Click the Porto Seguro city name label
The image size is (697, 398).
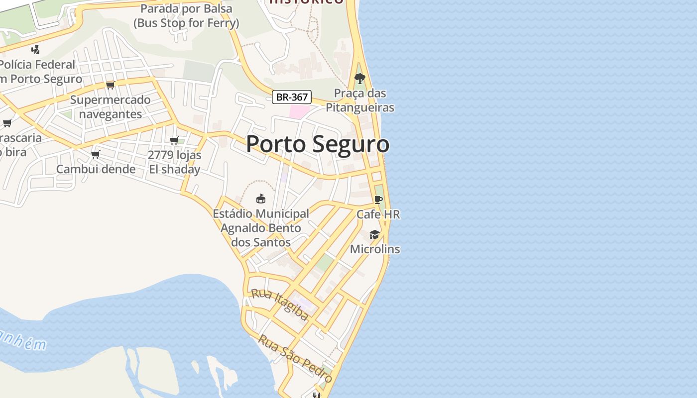click(x=318, y=144)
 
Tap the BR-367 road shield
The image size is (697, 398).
click(x=292, y=97)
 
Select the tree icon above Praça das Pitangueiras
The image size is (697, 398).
click(x=359, y=78)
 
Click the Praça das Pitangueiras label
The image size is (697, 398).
click(x=359, y=100)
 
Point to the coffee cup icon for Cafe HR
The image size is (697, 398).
click(x=378, y=199)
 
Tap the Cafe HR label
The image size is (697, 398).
click(x=378, y=214)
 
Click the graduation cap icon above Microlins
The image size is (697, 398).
click(x=374, y=234)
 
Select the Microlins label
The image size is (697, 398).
click(x=375, y=249)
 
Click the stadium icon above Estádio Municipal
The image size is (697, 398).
click(x=260, y=199)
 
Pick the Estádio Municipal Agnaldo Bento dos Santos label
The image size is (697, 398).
click(x=261, y=228)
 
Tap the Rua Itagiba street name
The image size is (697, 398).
click(x=280, y=304)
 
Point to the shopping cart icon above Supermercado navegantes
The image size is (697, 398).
click(x=111, y=85)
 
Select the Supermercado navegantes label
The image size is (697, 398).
click(x=111, y=107)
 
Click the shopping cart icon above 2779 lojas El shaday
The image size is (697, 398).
click(x=174, y=140)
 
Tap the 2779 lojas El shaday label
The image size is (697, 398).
click(x=175, y=162)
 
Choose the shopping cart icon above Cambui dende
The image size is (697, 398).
click(x=96, y=154)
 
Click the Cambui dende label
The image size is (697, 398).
click(x=96, y=169)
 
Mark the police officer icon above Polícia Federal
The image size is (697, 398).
click(x=35, y=49)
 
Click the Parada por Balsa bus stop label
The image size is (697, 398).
click(x=186, y=15)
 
